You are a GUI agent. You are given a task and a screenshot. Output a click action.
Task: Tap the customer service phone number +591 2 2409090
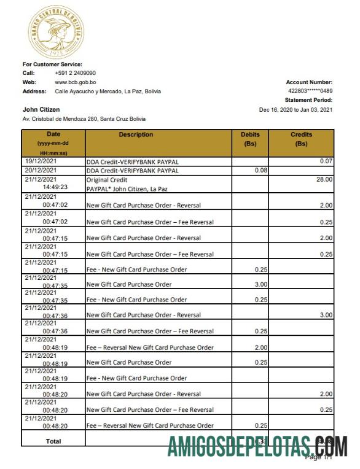(x=75, y=73)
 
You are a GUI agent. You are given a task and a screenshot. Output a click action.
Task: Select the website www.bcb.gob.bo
(x=75, y=82)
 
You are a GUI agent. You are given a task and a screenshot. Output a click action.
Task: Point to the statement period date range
(x=295, y=109)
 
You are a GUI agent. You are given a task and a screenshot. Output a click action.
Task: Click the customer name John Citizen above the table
(x=41, y=109)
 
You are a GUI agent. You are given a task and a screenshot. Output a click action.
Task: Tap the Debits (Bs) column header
(x=250, y=139)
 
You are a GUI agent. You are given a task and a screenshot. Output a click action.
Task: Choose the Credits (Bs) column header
(x=301, y=139)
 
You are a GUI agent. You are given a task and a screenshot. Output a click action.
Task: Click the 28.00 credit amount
(x=324, y=180)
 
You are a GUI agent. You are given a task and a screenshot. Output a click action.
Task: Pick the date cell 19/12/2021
(x=41, y=161)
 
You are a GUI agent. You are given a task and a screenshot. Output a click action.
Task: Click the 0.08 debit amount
(x=260, y=170)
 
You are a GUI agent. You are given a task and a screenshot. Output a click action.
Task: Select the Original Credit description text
(x=107, y=180)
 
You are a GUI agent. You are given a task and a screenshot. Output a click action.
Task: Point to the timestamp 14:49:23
(x=55, y=188)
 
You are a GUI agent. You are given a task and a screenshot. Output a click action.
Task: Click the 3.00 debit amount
(x=260, y=284)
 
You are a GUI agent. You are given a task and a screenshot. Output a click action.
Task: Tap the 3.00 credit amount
(x=326, y=315)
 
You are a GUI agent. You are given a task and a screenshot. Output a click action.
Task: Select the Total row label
(x=53, y=441)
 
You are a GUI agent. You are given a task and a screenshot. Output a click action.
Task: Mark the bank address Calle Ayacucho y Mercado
(x=108, y=91)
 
